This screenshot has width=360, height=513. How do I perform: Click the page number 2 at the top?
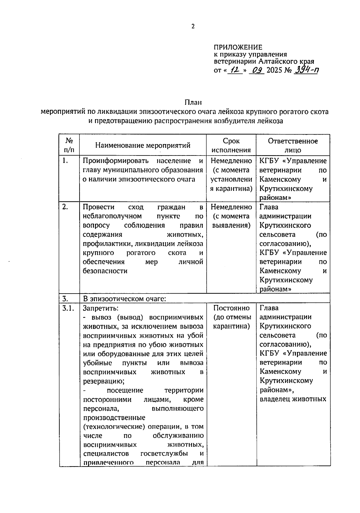click(193, 26)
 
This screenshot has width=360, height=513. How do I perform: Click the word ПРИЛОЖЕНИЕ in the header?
click(238, 47)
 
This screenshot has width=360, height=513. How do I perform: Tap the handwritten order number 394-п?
click(307, 70)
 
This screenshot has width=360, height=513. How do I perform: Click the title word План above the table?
click(193, 102)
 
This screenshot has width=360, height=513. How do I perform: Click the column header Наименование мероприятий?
click(143, 146)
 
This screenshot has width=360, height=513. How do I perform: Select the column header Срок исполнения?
click(231, 146)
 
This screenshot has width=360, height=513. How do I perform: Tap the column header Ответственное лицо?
click(293, 146)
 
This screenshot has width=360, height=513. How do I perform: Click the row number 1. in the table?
click(65, 161)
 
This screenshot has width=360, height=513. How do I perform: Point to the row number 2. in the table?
click(65, 207)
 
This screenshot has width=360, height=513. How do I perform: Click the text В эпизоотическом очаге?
click(124, 299)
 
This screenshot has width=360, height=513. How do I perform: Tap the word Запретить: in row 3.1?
click(100, 308)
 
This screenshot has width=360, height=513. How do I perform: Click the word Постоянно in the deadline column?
click(231, 308)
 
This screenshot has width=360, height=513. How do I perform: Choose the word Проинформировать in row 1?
click(115, 161)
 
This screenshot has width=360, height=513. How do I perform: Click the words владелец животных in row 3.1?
click(293, 399)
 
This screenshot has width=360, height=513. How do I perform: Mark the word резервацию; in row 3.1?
click(104, 381)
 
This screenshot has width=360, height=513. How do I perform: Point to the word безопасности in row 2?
click(105, 271)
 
